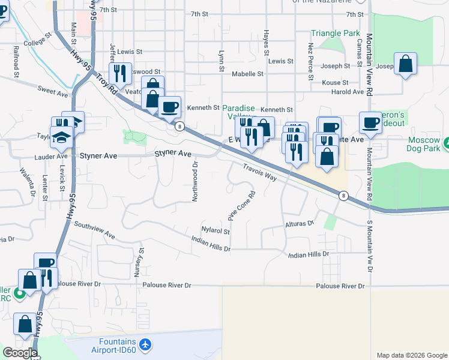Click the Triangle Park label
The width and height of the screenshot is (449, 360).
[335, 34]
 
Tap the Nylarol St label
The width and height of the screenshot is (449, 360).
[216, 230]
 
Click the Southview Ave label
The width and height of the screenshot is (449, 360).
[94, 230]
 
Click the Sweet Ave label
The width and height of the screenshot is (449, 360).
[53, 93]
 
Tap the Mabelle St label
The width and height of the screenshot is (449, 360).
[247, 74]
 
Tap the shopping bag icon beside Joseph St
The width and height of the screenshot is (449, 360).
[405, 64]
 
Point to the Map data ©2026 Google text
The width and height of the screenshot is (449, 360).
[411, 355]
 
